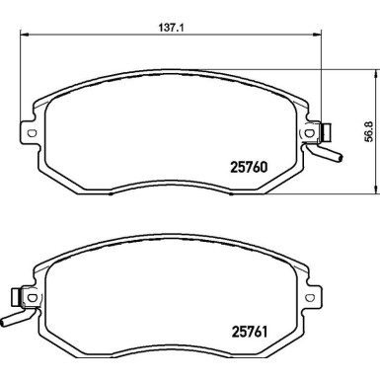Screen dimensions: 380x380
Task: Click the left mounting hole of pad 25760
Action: [31, 134]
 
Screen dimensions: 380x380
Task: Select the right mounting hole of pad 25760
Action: [314, 133]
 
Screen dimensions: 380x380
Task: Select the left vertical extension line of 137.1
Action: [22, 79]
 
